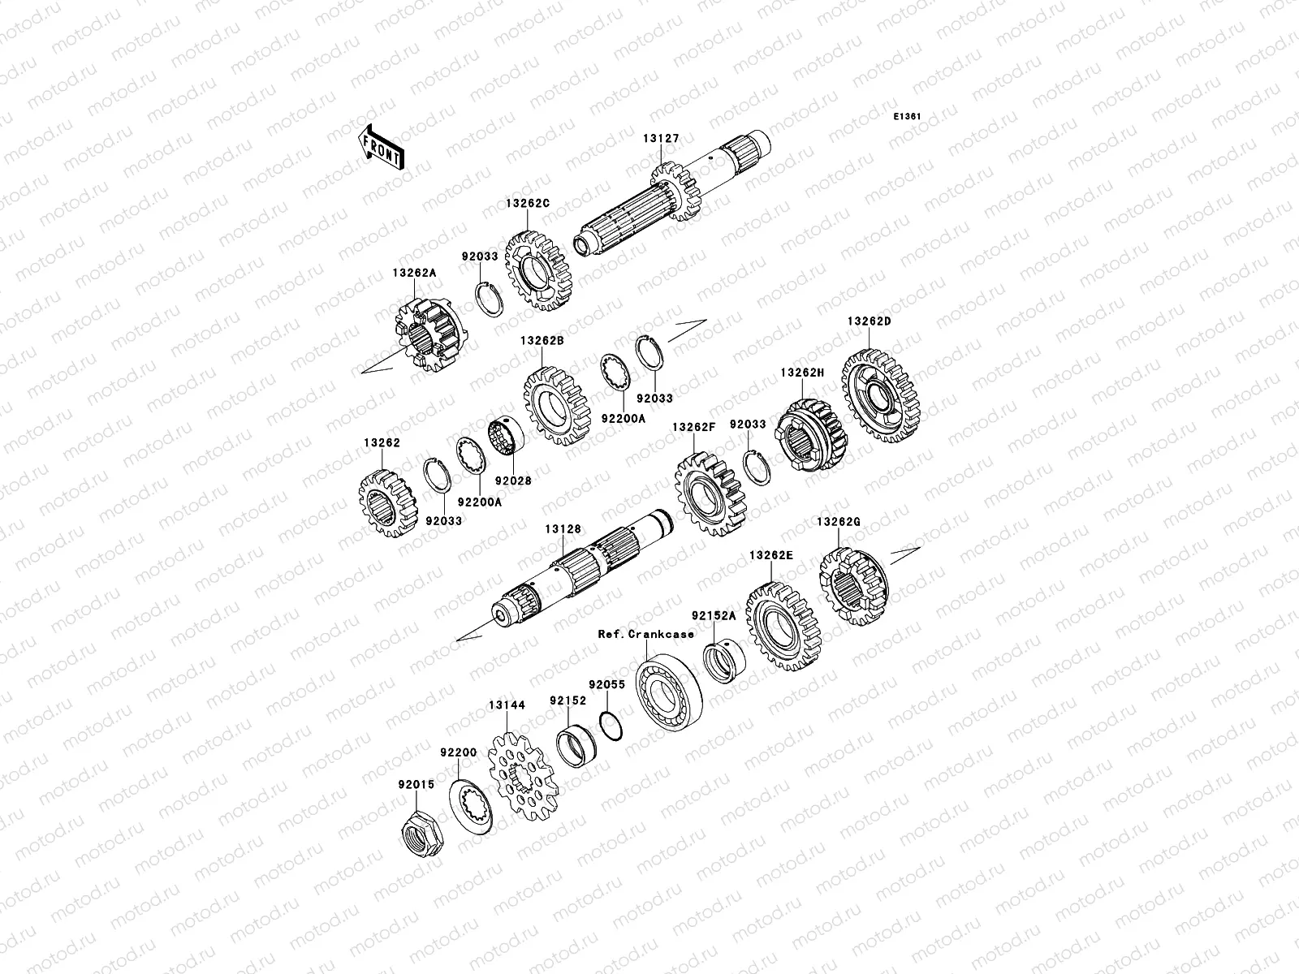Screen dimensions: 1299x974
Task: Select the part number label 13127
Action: (x=661, y=138)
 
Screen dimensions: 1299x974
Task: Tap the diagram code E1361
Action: (x=907, y=117)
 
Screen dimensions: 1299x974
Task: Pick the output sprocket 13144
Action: (x=524, y=777)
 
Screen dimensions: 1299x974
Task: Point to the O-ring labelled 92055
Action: (x=611, y=726)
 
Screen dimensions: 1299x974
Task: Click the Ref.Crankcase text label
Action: (x=645, y=634)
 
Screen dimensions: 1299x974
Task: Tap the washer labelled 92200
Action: (x=470, y=808)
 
